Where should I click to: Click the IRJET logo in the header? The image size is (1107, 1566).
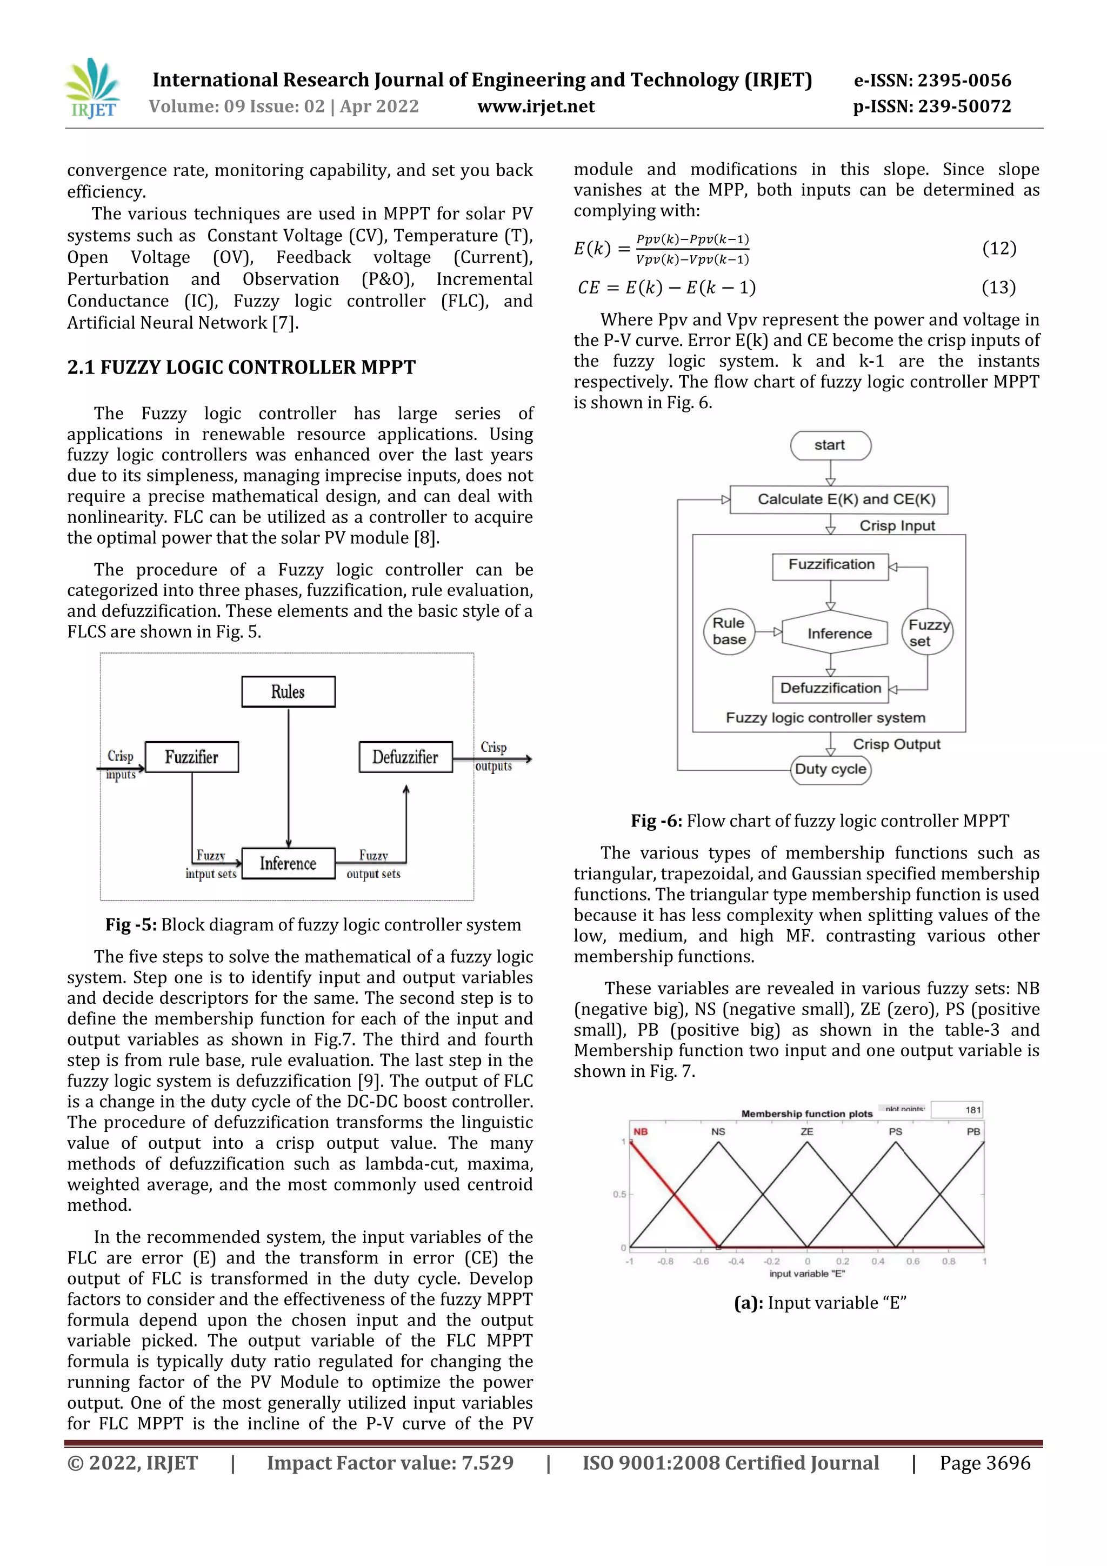[x=93, y=89]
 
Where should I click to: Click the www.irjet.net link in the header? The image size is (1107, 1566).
[x=536, y=106]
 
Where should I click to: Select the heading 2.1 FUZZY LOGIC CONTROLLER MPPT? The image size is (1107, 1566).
[x=241, y=368]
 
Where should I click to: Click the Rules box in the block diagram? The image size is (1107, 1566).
[x=288, y=691]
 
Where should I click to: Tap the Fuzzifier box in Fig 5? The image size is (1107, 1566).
[x=192, y=757]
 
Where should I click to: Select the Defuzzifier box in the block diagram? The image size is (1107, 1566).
[x=405, y=757]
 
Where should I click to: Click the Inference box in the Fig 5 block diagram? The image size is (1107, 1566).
[x=288, y=863]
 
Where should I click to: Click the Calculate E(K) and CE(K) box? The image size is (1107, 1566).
[x=838, y=499]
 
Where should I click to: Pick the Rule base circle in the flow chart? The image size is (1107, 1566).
[x=729, y=631]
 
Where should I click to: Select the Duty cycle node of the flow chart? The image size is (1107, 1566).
[x=830, y=769]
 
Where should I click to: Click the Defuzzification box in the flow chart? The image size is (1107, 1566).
[x=830, y=688]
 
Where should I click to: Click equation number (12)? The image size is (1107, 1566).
[x=998, y=248]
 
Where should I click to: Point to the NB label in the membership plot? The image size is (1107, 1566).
[x=640, y=1131]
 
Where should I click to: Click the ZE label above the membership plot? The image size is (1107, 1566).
[x=807, y=1131]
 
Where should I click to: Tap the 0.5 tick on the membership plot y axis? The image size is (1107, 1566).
[x=619, y=1194]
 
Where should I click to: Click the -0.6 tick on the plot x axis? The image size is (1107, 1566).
[x=701, y=1261]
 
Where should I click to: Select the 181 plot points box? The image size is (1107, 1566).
[x=957, y=1110]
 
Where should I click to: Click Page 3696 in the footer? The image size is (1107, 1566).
[x=984, y=1463]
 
